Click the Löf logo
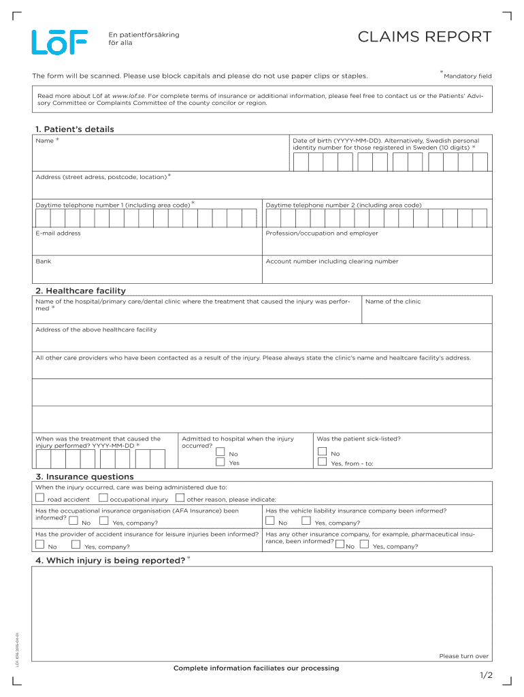pos(59,42)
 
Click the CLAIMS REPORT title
pos(424,37)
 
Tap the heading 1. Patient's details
pos(75,129)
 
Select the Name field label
pos(45,140)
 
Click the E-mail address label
pos(58,233)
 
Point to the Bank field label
pos(43,261)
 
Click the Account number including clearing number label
pos(332,261)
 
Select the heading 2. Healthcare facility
pos(80,291)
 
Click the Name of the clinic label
pos(393,302)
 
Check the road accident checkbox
pos(39,498)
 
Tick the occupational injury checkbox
pos(103,498)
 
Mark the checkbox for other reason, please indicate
pos(180,498)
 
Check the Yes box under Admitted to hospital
pos(220,462)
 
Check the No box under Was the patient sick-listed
pos(322,452)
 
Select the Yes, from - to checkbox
pos(322,462)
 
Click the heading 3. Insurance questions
pos(84,476)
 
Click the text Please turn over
pos(463,656)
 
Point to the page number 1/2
pos(485,675)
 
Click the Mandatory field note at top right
pos(467,76)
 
